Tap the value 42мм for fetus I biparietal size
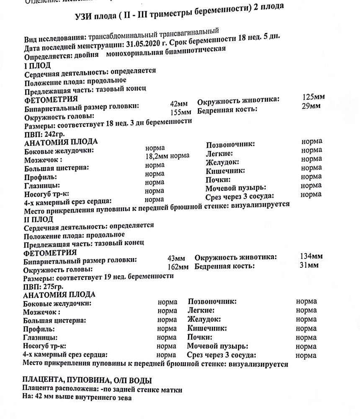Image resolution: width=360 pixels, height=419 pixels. pyautogui.click(x=179, y=103)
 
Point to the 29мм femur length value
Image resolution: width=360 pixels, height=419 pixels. pyautogui.click(x=311, y=106)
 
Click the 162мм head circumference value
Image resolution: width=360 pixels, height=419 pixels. pyautogui.click(x=177, y=267)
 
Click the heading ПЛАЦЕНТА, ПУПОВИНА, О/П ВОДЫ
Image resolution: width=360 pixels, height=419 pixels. pyautogui.click(x=87, y=380)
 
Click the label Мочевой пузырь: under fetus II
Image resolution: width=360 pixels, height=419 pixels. pyautogui.click(x=217, y=346)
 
